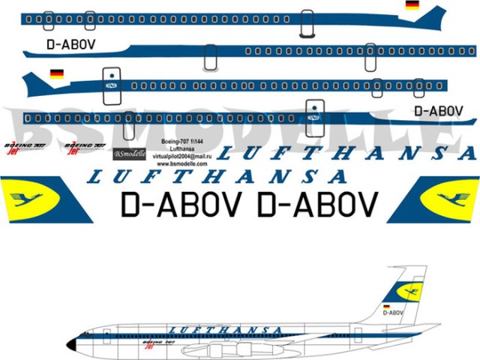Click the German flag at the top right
click(x=412, y=5)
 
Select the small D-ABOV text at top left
click(x=70, y=44)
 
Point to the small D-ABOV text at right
click(x=438, y=111)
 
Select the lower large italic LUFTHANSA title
click(x=217, y=177)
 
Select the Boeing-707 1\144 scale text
click(x=182, y=141)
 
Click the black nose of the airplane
click(x=71, y=344)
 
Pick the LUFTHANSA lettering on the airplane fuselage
click(x=225, y=330)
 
